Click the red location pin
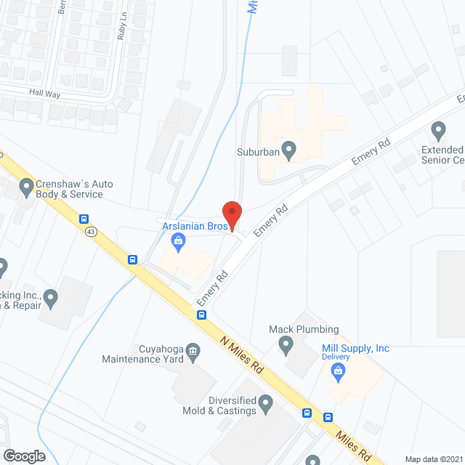231,215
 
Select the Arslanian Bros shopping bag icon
179,241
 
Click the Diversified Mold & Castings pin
265,402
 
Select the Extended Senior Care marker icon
438,132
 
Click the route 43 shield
90,232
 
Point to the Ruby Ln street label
124,25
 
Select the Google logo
24,456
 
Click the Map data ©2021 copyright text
434,459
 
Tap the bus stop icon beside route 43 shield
84,218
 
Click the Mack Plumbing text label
314,329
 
